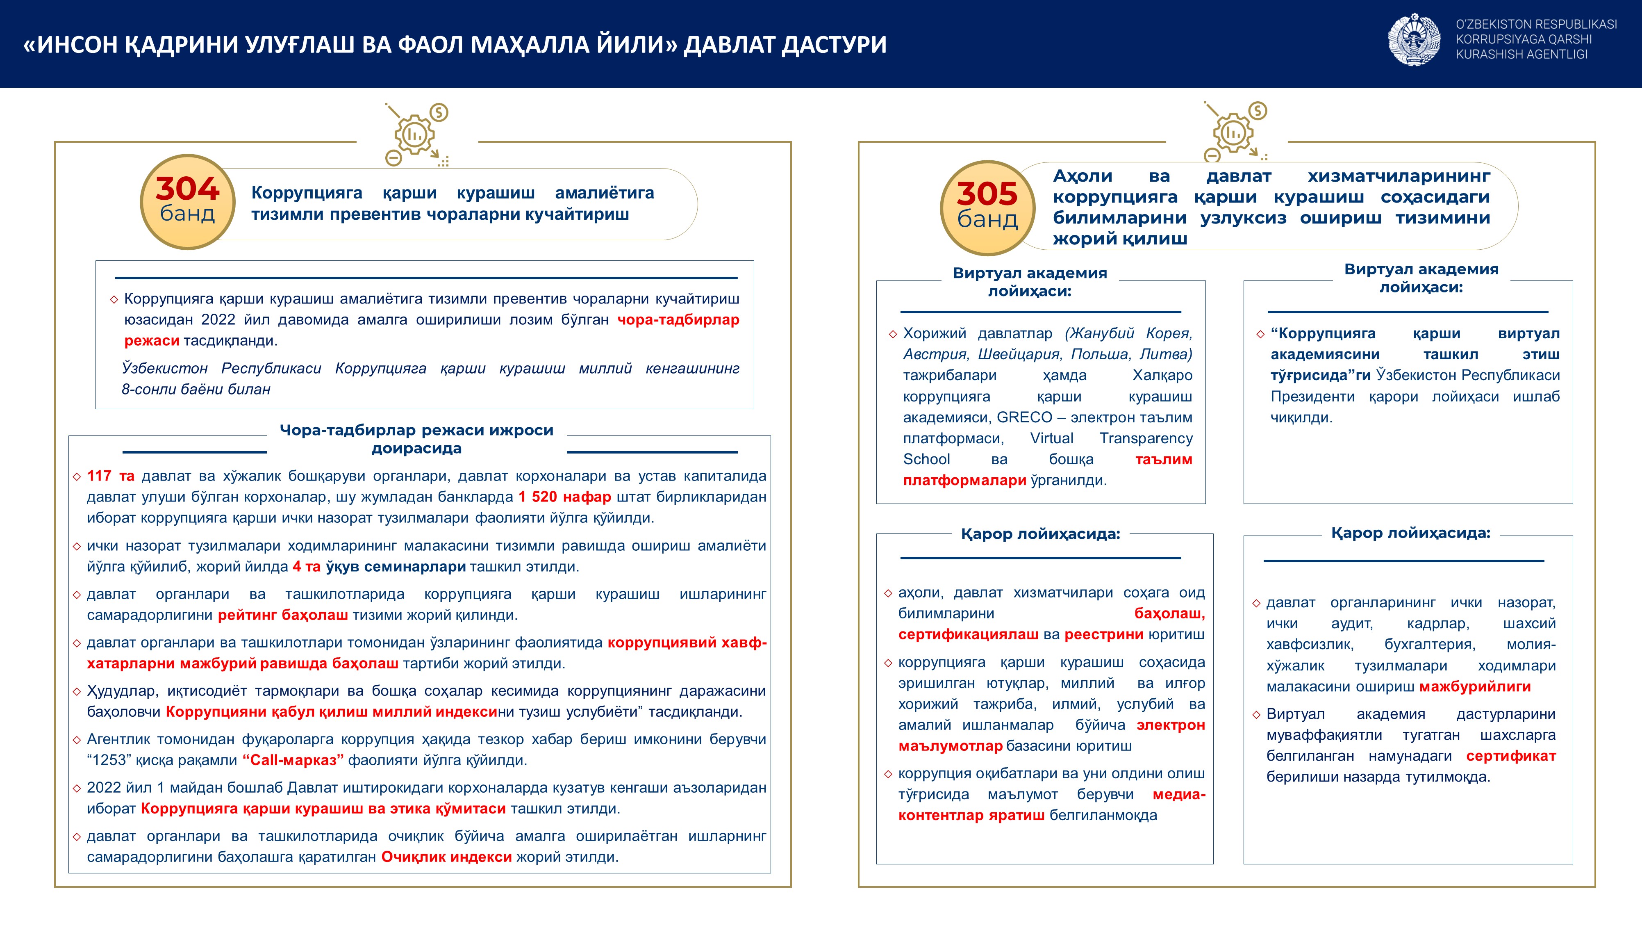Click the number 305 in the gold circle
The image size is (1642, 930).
coord(987,194)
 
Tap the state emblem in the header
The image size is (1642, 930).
coord(1414,40)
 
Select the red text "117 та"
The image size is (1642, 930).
coord(110,476)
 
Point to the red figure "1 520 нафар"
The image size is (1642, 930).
coord(564,497)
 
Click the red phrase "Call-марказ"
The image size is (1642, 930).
coord(293,760)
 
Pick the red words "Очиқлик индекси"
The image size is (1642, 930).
coord(446,857)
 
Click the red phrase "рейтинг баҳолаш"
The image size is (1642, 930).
coord(283,615)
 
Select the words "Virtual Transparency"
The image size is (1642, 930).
coord(1111,438)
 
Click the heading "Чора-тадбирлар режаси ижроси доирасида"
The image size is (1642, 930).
coord(416,439)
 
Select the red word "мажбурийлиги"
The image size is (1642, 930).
coord(1475,687)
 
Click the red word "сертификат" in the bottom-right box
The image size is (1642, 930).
coord(1510,756)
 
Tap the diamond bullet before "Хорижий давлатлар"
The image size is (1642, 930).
coord(892,334)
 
